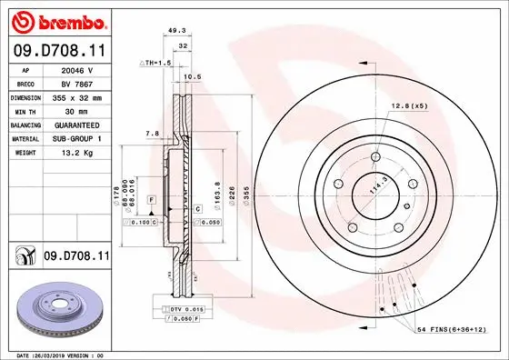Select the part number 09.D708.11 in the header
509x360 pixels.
59,53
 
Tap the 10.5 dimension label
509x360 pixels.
192,77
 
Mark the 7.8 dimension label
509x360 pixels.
152,134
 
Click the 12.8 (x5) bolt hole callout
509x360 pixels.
409,106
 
